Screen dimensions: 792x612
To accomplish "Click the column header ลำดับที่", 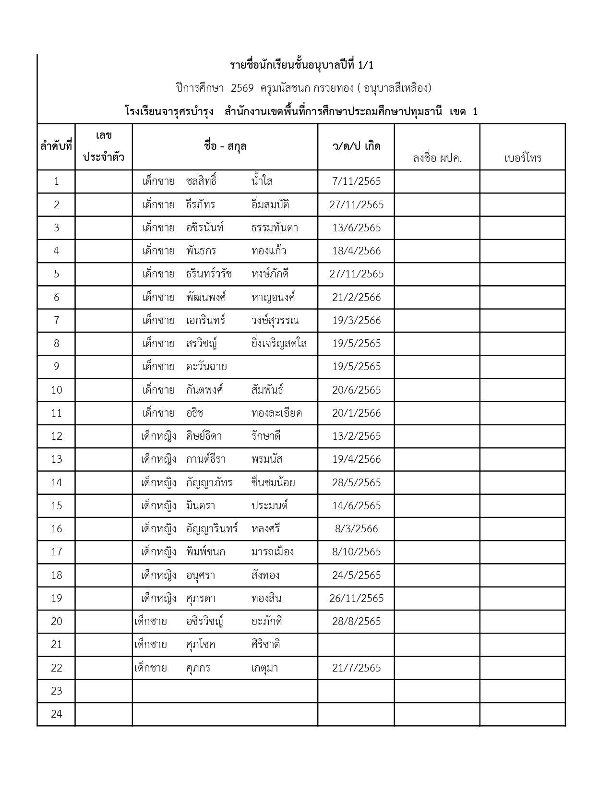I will click(56, 146).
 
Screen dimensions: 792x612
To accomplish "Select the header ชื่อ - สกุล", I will click(225, 146).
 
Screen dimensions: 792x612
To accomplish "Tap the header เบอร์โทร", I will click(523, 158).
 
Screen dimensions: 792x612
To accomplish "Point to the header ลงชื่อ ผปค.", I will click(437, 158).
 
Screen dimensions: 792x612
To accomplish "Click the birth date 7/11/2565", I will click(356, 181).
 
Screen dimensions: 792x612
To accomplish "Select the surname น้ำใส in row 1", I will click(262, 181).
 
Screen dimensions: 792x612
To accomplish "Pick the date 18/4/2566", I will click(356, 251).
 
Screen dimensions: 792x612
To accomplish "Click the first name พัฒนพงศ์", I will click(206, 297).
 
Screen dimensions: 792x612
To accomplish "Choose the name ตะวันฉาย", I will click(206, 367).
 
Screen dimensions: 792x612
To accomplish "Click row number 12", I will click(57, 436).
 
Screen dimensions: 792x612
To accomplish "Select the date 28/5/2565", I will click(356, 482).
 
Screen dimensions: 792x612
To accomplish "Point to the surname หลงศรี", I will click(265, 528).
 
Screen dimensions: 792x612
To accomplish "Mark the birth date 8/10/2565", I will click(356, 552).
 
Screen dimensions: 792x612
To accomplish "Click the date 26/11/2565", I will click(356, 598).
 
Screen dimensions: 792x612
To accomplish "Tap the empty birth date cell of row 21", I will click(356, 644).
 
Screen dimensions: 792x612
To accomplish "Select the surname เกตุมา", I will click(264, 668).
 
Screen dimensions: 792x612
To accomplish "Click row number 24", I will click(57, 714).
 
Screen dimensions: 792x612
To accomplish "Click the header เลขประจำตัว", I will click(104, 146).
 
